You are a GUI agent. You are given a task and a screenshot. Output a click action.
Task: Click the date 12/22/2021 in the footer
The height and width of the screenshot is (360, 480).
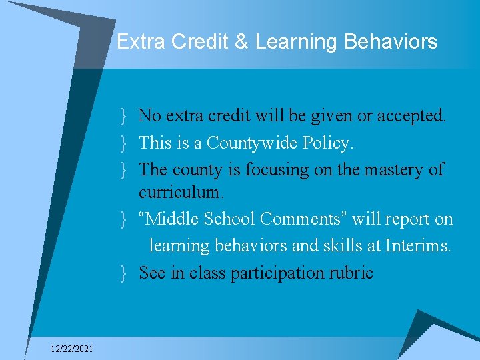(73, 349)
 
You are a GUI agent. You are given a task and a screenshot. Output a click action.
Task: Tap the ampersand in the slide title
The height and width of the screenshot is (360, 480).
(240, 42)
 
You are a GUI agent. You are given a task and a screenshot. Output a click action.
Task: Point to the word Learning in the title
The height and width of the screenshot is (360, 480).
(297, 42)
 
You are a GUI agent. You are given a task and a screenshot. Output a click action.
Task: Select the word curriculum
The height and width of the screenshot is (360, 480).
(182, 193)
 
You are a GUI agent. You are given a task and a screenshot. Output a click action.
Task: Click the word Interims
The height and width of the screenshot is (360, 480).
(418, 246)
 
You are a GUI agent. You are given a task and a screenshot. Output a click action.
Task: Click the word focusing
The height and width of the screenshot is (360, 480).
(277, 170)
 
